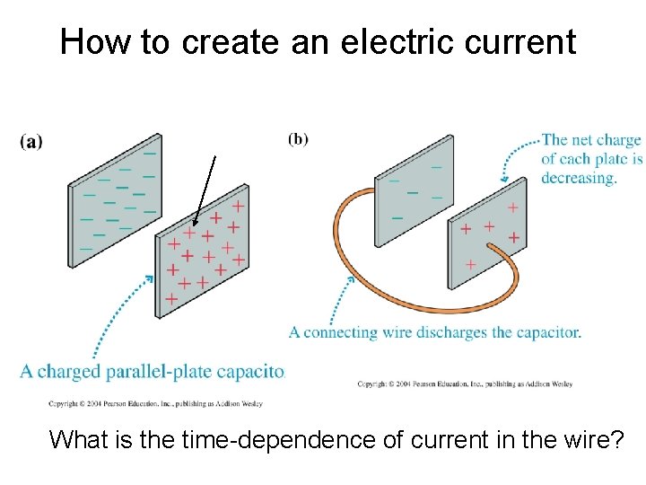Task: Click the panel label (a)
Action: coord(31,141)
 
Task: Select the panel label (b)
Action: coord(298,138)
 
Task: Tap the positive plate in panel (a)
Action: coord(202,251)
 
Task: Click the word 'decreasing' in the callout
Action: coord(579,178)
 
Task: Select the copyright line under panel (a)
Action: coord(155,403)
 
